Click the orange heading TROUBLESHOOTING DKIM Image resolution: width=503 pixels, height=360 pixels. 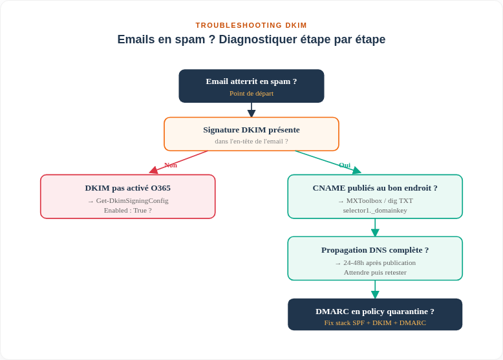[251, 25]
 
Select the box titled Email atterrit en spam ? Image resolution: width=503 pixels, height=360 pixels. [251, 86]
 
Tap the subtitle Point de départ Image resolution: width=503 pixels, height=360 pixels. [251, 93]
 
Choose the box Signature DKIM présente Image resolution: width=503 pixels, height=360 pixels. [251, 134]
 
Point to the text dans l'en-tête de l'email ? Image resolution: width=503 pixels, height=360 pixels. [251, 142]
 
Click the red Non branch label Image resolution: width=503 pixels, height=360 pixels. [170, 165]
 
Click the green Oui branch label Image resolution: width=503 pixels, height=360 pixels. [345, 165]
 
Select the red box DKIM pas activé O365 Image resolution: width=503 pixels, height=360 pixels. [127, 196]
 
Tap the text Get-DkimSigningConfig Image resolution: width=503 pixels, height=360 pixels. [132, 200]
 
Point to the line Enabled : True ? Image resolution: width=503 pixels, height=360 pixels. [127, 210]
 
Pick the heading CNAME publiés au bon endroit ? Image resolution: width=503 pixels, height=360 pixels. [375, 188]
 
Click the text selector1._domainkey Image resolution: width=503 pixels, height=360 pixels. [375, 210]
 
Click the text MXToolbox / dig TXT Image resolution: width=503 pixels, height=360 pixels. [380, 200]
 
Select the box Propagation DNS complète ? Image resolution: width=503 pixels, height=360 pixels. [375, 259]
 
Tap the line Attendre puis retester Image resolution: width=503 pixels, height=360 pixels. [375, 273]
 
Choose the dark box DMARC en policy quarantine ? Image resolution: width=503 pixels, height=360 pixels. [375, 315]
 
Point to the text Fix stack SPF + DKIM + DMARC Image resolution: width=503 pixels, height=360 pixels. [375, 323]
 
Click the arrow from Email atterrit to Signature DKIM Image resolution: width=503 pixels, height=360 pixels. [251, 110]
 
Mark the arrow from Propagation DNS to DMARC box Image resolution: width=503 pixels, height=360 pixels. [375, 290]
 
